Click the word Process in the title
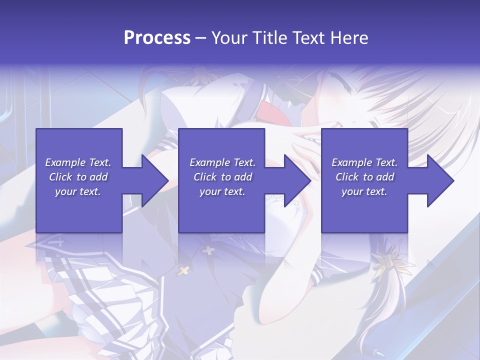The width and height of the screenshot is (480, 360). [x=157, y=38]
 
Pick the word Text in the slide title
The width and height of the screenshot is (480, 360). [x=309, y=38]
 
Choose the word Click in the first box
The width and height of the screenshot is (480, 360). [x=61, y=177]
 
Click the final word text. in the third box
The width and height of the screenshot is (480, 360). [x=376, y=191]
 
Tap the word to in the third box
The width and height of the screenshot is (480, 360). [x=368, y=177]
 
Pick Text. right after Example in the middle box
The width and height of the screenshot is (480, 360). [x=243, y=162]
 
